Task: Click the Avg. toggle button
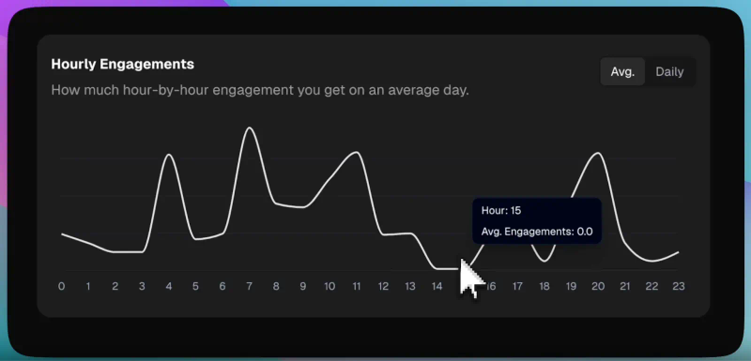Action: pos(622,72)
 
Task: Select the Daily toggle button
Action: pos(669,72)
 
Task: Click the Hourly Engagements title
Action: pos(122,64)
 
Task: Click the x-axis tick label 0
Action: pos(61,286)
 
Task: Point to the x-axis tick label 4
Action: pos(169,286)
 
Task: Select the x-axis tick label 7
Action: pos(250,286)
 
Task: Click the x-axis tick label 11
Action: pos(356,286)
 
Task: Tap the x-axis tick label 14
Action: pos(437,286)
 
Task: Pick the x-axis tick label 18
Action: pos(544,286)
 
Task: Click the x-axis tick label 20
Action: pos(597,286)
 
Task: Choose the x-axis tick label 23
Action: pos(678,286)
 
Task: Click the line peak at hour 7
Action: pos(249,128)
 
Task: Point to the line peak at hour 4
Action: pos(169,155)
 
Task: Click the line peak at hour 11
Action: pos(357,152)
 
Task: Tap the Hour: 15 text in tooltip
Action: pos(501,211)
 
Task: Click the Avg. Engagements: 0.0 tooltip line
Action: pos(537,231)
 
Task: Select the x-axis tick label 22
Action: pos(651,286)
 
